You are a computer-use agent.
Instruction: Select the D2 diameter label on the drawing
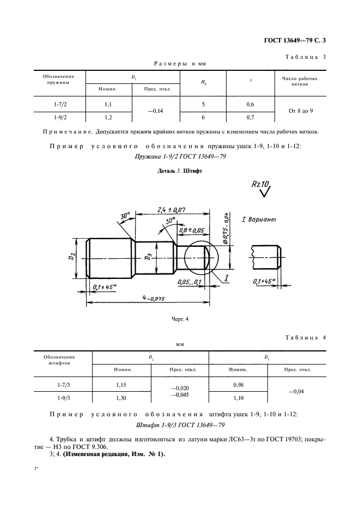coord(72,257)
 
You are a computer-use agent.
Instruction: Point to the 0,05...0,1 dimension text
coord(189,282)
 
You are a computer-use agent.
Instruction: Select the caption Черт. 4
coord(179,319)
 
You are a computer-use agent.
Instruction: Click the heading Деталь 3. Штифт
coord(179,170)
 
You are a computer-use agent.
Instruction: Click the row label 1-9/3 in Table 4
coord(63,398)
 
